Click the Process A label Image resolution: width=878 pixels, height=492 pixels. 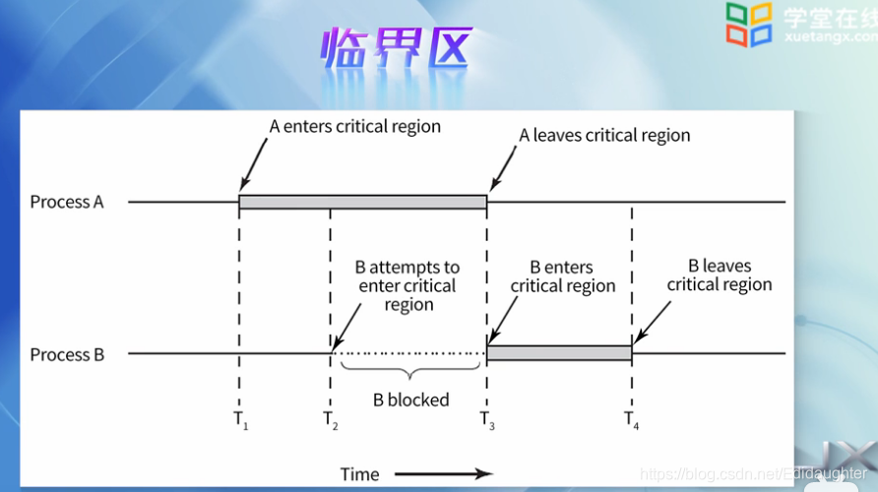pyautogui.click(x=67, y=203)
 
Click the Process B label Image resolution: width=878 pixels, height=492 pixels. pyautogui.click(x=67, y=354)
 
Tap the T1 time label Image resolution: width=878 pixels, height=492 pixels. pyautogui.click(x=240, y=420)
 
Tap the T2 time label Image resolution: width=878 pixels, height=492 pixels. pyautogui.click(x=331, y=420)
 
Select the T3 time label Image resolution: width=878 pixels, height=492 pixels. pyautogui.click(x=487, y=420)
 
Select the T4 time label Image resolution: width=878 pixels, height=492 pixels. pyautogui.click(x=632, y=420)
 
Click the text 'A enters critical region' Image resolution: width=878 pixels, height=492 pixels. pyautogui.click(x=354, y=127)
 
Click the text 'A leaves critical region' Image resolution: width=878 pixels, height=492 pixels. pyautogui.click(x=604, y=136)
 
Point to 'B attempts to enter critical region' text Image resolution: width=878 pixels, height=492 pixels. pyautogui.click(x=408, y=285)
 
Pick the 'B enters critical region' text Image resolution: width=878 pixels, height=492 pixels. pyautogui.click(x=562, y=277)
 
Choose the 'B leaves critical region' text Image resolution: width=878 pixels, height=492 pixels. pyautogui.click(x=720, y=275)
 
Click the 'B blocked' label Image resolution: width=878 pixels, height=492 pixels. pyautogui.click(x=410, y=400)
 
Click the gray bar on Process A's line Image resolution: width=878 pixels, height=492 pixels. pyautogui.click(x=362, y=202)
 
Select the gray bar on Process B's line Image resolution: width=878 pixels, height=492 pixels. pyautogui.click(x=559, y=352)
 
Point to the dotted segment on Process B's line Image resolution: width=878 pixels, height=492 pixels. pyautogui.click(x=409, y=352)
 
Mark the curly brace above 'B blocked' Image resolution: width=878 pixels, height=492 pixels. pyautogui.click(x=410, y=373)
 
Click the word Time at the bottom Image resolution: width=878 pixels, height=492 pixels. pyautogui.click(x=359, y=474)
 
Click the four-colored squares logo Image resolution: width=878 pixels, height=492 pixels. pyautogui.click(x=750, y=24)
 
